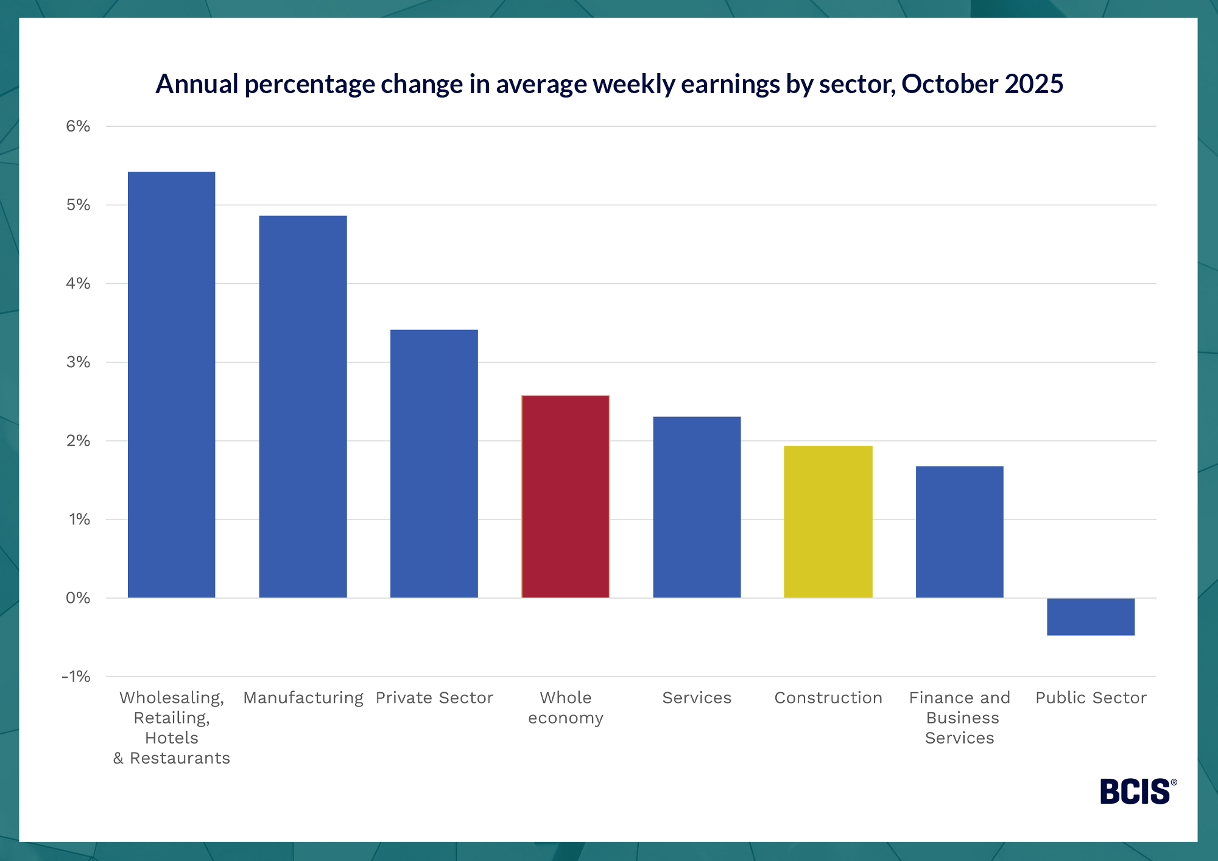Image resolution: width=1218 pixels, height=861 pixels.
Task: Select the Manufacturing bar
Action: coord(303,407)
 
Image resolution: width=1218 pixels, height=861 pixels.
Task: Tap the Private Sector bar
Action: coord(434,463)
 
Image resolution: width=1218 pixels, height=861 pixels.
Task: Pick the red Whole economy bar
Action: coord(565,496)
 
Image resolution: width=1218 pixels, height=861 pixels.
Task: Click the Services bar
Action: coord(697,507)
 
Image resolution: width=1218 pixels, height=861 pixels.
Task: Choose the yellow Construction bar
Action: coord(828,521)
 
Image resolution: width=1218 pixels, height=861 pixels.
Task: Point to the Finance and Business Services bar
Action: coord(959,532)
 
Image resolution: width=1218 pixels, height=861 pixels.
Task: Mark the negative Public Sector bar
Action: coord(1090,616)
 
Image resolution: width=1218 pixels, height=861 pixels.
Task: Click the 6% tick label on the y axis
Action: coord(78,126)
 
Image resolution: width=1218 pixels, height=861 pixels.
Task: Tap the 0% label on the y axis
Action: coord(78,598)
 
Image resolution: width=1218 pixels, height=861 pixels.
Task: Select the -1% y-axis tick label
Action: coord(76,676)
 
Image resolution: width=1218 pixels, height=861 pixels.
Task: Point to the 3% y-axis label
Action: coord(78,362)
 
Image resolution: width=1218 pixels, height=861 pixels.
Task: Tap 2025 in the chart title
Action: coord(1034,84)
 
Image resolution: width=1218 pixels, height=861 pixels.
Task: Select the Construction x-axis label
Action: coord(828,698)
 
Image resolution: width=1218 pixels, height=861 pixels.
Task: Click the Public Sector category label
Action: coord(1091,698)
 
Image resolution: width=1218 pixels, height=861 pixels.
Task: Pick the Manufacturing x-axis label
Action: coord(303,698)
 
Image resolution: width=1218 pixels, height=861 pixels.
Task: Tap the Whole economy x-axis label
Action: coord(565,708)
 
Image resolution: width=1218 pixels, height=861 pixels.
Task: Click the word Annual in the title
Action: coord(196,84)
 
